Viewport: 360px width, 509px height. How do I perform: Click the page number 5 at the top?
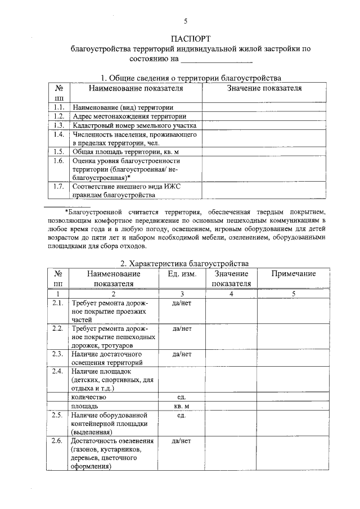point(185,21)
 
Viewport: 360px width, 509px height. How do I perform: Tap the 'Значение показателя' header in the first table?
point(264,88)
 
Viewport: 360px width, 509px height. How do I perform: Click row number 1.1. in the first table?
point(58,106)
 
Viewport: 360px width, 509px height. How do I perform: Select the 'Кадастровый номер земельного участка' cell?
point(134,125)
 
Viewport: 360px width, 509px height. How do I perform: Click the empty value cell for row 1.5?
point(264,151)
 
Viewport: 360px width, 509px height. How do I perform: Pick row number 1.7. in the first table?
point(58,186)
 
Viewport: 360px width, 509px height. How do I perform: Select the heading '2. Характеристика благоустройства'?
point(185,263)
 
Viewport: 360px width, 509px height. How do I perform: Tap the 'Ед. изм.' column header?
point(182,273)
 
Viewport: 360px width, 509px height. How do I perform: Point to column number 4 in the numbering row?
point(231,294)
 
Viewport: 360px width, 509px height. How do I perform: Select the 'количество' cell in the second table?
point(89,397)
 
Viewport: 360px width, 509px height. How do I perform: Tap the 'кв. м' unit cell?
point(182,406)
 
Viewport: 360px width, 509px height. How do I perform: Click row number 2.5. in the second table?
point(57,415)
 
